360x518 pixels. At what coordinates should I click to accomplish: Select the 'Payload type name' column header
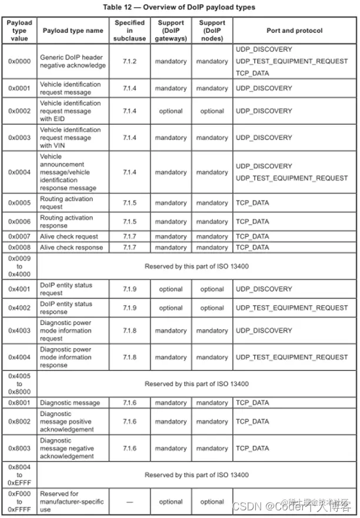click(73, 30)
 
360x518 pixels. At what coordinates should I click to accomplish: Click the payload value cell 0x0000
click(20, 61)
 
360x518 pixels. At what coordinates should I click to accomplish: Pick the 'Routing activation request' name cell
click(66, 203)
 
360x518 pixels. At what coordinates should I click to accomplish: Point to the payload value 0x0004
click(20, 172)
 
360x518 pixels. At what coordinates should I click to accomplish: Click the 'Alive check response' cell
click(71, 248)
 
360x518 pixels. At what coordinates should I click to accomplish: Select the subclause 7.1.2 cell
click(129, 61)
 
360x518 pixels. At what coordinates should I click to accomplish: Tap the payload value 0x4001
click(20, 289)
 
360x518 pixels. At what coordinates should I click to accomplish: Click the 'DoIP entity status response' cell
click(66, 308)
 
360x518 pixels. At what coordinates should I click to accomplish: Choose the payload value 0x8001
click(20, 403)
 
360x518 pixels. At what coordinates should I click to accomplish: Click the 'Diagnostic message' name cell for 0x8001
click(70, 403)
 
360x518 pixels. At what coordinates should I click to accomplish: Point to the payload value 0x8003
click(20, 449)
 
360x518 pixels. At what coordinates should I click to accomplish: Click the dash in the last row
click(129, 502)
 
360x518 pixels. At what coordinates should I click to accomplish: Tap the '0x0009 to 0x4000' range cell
click(20, 266)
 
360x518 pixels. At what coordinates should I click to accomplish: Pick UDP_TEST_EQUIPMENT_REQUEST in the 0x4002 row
click(292, 308)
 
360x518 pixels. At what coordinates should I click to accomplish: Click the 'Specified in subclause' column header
click(129, 30)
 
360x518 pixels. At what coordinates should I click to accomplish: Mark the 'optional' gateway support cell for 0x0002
click(171, 111)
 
